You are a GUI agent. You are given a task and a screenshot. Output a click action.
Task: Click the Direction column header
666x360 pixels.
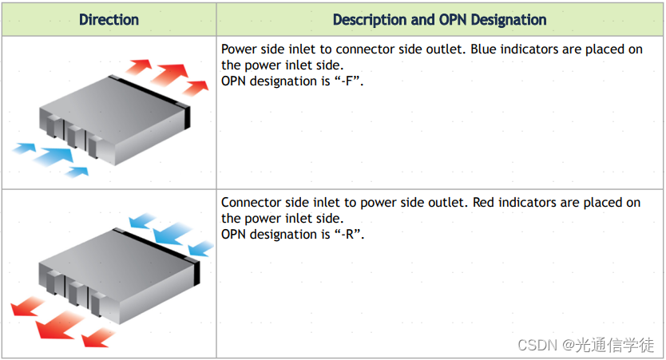[109, 20]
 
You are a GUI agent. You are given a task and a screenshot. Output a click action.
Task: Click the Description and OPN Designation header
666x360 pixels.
[439, 20]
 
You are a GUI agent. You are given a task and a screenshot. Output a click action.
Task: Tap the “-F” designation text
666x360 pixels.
[350, 81]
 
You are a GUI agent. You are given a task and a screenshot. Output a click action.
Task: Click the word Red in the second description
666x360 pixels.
[486, 203]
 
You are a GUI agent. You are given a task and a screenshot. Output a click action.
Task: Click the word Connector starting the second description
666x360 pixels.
[252, 203]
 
